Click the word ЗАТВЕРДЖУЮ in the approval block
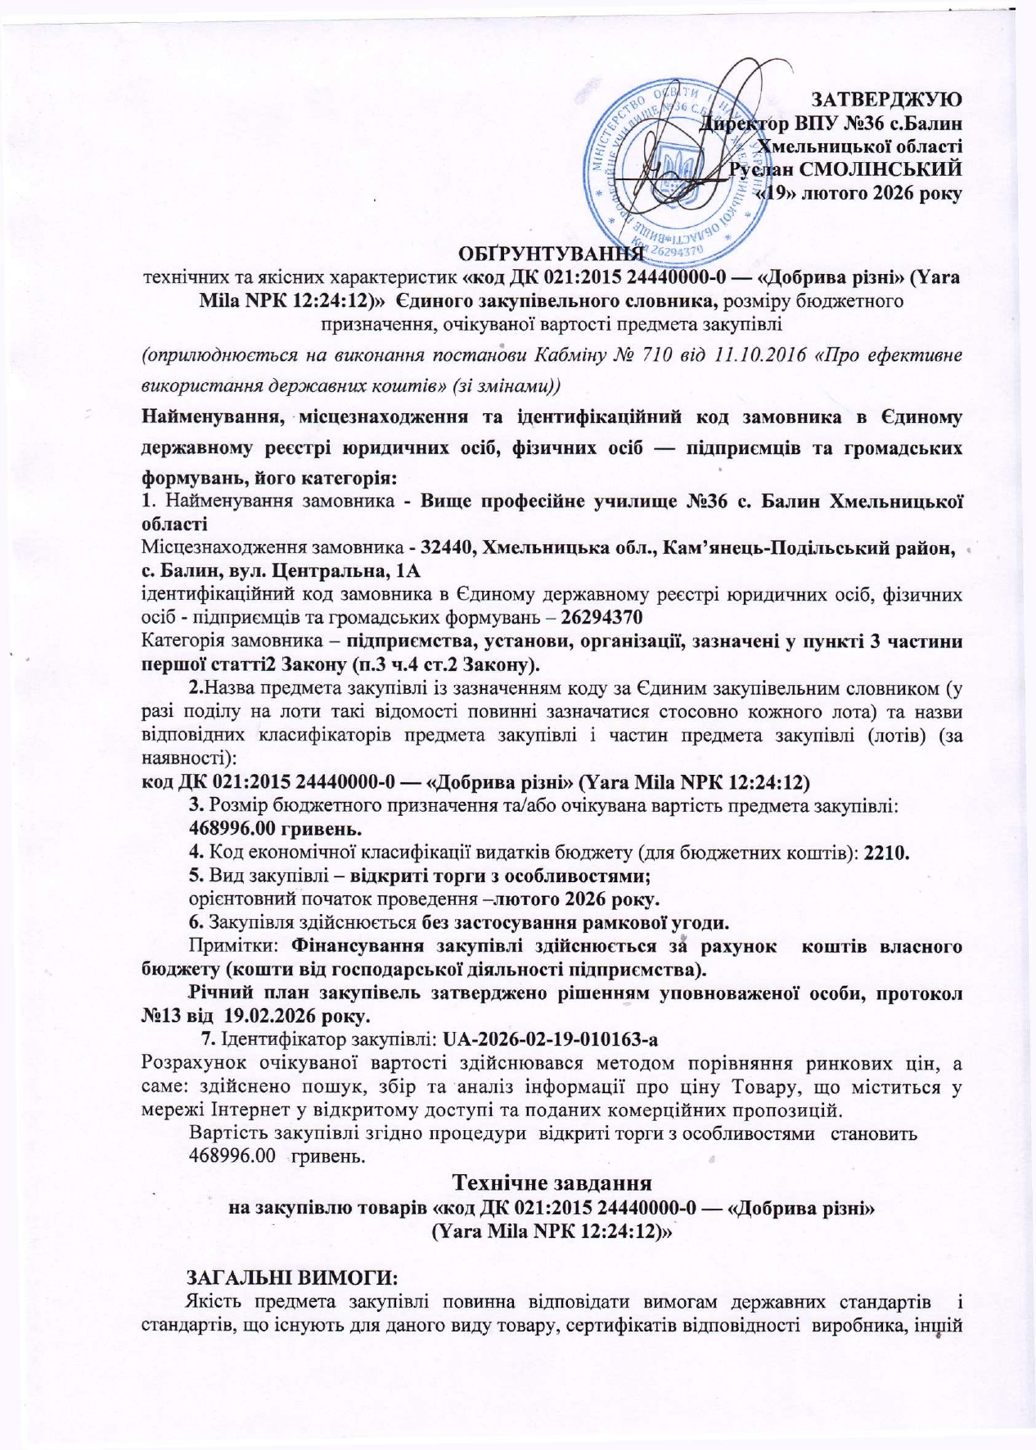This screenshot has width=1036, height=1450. coord(885,100)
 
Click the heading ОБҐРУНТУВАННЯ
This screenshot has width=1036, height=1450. coord(548,252)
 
